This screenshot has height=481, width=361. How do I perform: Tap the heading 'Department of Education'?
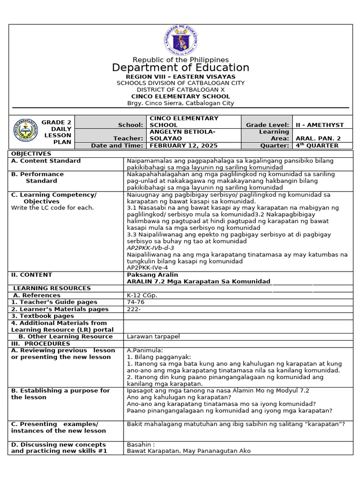(x=180, y=68)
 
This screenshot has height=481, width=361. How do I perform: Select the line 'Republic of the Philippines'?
(x=180, y=60)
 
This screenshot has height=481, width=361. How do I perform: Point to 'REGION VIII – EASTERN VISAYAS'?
(x=180, y=77)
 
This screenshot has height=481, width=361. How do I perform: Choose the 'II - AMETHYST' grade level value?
(x=320, y=125)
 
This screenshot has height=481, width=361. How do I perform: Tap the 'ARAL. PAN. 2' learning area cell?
(x=317, y=139)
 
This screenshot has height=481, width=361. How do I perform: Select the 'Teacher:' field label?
(x=128, y=139)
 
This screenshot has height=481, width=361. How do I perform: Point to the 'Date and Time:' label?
(x=117, y=146)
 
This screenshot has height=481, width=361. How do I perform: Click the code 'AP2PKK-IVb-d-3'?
(x=150, y=248)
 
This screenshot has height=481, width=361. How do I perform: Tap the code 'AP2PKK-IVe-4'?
(x=148, y=268)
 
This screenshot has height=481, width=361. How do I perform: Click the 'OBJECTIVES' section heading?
(x=31, y=154)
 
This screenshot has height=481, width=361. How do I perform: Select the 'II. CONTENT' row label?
(x=31, y=275)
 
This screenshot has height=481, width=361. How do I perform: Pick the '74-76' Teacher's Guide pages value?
(x=135, y=302)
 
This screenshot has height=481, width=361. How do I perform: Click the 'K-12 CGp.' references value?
(x=142, y=295)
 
